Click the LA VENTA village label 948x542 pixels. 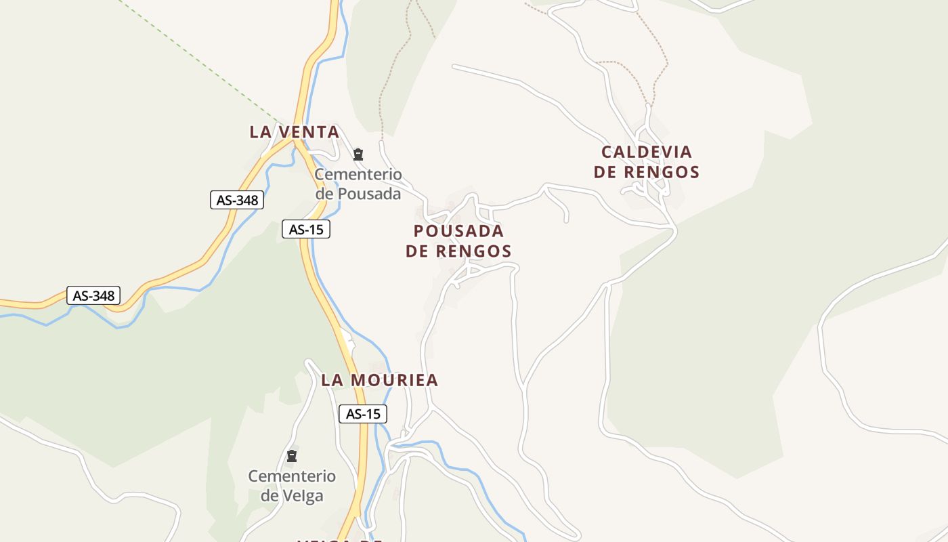294,132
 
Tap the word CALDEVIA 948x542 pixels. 646,152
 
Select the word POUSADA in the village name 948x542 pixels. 458,231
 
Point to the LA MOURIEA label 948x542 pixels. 379,380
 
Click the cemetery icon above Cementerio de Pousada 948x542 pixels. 358,154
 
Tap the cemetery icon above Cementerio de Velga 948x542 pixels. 292,456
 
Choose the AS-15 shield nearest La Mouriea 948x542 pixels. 362,414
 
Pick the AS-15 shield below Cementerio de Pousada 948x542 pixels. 305,230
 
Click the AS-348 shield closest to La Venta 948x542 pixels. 236,200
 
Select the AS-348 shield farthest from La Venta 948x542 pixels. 93,295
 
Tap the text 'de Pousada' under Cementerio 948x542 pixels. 358,194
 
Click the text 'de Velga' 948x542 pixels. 292,495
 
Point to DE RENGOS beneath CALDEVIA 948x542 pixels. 646,172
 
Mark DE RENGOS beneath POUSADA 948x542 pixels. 458,251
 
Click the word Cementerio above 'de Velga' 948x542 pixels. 292,476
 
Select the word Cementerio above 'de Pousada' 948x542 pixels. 358,174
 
